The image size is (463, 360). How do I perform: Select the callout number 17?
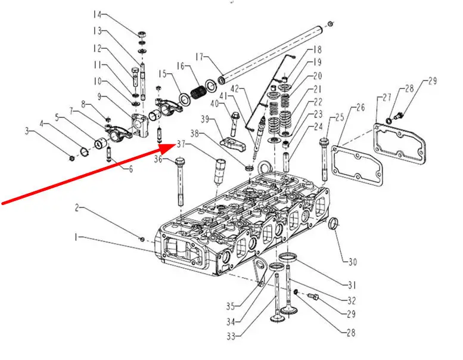tap(199, 57)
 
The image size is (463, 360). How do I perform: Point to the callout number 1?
tap(76, 237)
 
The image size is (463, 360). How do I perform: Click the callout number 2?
tap(77, 207)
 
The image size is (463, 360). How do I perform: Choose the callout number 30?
tap(352, 262)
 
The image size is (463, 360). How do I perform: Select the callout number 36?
tap(159, 159)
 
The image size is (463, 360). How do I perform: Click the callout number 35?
tap(231, 306)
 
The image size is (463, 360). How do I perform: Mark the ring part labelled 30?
tap(335, 225)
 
